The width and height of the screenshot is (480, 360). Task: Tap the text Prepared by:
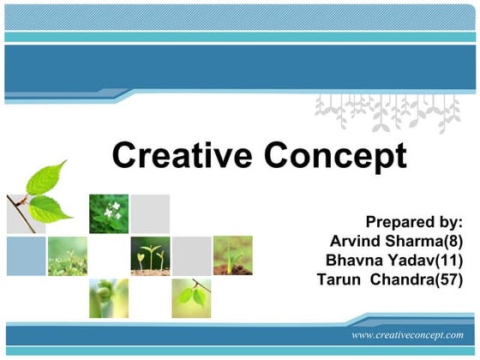[x=414, y=222]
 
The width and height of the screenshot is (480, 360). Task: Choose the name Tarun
[x=339, y=279]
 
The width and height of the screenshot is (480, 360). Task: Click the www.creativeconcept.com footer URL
[x=408, y=335]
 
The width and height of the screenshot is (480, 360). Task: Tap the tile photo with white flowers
[x=109, y=213]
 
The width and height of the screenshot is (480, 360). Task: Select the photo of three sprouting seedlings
[x=150, y=255]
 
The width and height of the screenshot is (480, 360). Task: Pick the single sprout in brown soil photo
[x=233, y=255]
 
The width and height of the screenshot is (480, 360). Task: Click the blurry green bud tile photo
[x=109, y=297]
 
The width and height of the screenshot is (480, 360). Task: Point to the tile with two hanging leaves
[x=192, y=297]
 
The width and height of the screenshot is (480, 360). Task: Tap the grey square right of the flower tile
[x=151, y=213]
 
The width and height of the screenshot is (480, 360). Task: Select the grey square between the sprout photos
[x=192, y=255]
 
